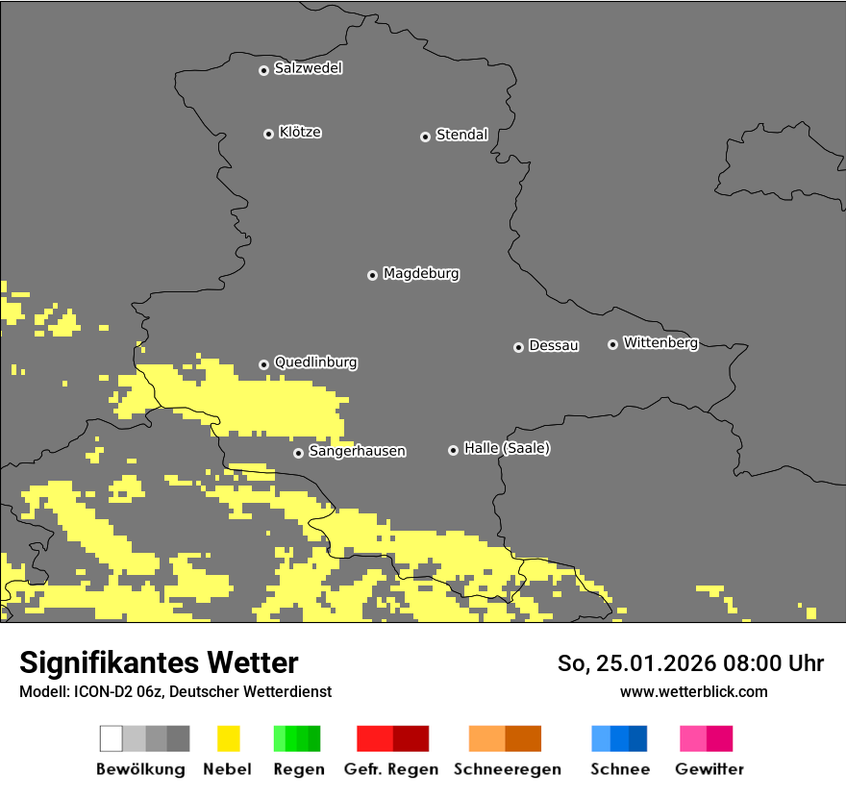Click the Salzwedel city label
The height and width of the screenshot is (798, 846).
[x=308, y=68]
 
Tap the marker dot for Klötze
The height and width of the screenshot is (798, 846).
[x=268, y=134]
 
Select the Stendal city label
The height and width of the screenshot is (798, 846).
[x=461, y=135]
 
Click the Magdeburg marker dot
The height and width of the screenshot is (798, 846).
[x=372, y=275]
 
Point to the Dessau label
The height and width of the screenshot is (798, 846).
[x=554, y=345]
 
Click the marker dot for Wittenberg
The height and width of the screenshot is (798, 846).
[x=612, y=344]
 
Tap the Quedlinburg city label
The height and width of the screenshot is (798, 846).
[x=315, y=362]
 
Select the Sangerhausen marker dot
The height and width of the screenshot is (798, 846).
[x=298, y=453]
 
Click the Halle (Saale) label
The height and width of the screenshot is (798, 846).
[x=507, y=448]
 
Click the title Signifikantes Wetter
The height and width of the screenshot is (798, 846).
[x=159, y=662]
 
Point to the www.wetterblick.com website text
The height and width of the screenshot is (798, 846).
[x=693, y=691]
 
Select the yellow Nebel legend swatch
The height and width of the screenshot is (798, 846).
[x=228, y=738]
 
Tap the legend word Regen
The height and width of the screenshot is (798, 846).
[x=298, y=769]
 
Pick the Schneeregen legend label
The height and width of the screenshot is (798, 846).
[x=507, y=769]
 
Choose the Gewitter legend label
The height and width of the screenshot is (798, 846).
[x=709, y=769]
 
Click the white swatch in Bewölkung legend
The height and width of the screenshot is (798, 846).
[x=112, y=738]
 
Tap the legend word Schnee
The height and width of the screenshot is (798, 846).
[x=619, y=769]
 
